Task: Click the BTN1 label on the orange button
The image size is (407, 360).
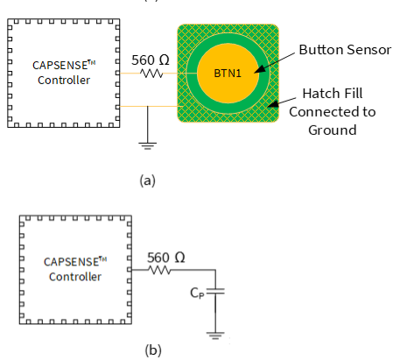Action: coord(228,74)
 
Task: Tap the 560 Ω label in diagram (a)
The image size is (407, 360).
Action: coord(151,60)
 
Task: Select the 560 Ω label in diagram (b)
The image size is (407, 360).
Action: coord(165,258)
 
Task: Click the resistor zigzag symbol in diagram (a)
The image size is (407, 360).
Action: coord(151,74)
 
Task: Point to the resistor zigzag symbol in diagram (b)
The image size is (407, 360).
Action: coord(159,270)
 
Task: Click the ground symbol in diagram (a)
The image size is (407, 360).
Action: coord(148,145)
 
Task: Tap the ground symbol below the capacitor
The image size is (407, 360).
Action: coord(215,335)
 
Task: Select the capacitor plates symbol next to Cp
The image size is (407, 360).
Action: coord(215,291)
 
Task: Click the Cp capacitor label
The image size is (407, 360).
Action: coord(197,293)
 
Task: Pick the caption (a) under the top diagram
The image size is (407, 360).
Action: coord(148,180)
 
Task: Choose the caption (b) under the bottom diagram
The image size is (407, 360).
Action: coord(153,349)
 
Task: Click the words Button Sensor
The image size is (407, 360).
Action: coord(345,50)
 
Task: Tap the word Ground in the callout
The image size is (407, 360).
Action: coord(333,131)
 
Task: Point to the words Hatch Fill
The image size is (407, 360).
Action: coord(333,94)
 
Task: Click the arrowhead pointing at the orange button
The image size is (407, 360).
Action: coord(260,68)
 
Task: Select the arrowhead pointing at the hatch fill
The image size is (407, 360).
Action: coord(273,104)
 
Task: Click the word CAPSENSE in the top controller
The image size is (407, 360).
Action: coord(60,66)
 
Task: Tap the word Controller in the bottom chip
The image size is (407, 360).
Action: coord(75,277)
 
